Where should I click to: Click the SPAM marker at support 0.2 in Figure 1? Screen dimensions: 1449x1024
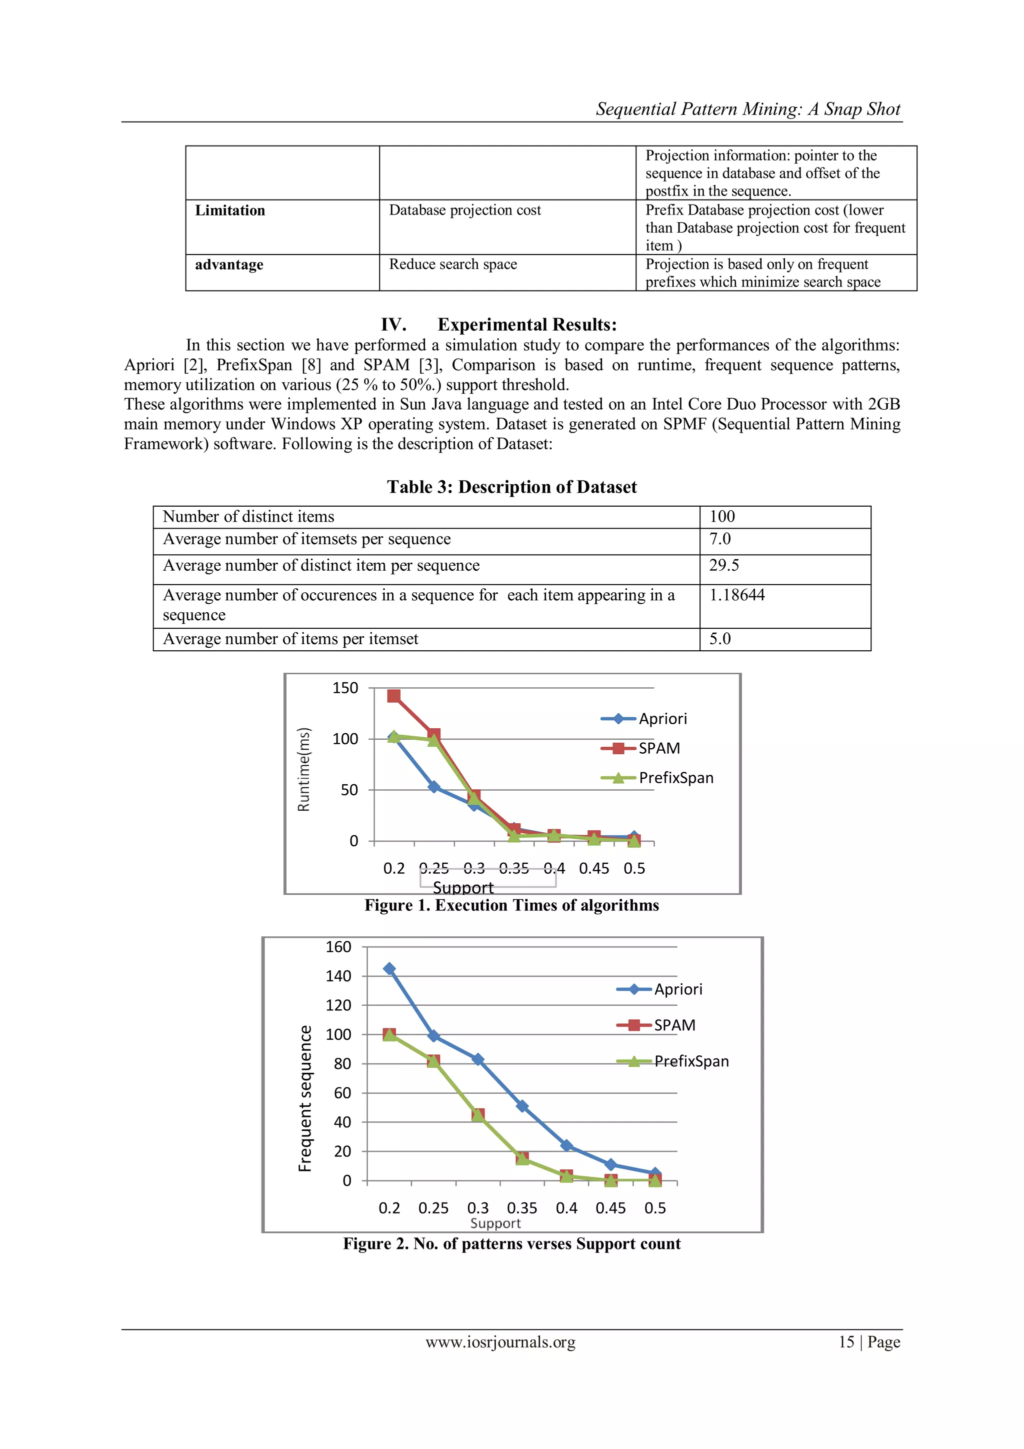pyautogui.click(x=393, y=696)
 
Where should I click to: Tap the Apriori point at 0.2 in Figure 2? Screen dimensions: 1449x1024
pyautogui.click(x=389, y=969)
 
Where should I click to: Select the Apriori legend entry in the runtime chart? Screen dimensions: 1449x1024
pyautogui.click(x=662, y=719)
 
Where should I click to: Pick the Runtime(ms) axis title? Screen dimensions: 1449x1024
pyautogui.click(x=304, y=769)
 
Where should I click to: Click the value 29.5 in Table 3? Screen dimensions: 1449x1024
pyautogui.click(x=723, y=566)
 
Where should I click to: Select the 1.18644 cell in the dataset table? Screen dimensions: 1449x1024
pyautogui.click(x=736, y=595)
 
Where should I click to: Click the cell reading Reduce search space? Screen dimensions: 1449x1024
pyautogui.click(x=452, y=265)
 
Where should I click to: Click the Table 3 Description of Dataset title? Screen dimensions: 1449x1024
pyautogui.click(x=511, y=487)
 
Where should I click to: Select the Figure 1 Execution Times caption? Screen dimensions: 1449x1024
pyautogui.click(x=511, y=906)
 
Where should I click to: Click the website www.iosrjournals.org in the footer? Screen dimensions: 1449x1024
pyautogui.click(x=500, y=1342)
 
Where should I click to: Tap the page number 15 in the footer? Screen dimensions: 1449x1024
pyautogui.click(x=846, y=1342)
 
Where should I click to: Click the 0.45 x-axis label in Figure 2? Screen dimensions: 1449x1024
pyautogui.click(x=610, y=1208)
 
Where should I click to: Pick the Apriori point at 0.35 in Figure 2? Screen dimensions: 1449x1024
pyautogui.click(x=522, y=1106)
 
